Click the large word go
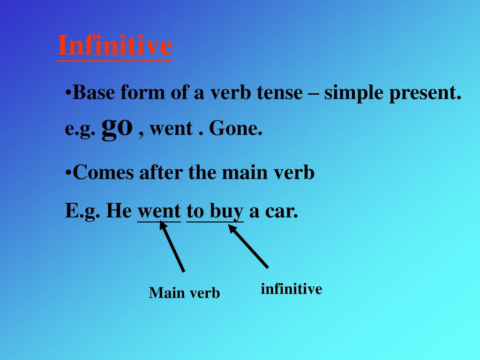pos(117,127)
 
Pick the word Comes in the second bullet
pos(104,172)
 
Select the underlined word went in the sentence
pos(159,211)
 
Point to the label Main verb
pos(184,292)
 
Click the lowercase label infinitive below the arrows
pos(292,289)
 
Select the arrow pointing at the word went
pos(172,247)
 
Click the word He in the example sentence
pos(119,211)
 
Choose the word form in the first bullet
pos(142,92)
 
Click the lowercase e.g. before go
pos(80,129)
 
